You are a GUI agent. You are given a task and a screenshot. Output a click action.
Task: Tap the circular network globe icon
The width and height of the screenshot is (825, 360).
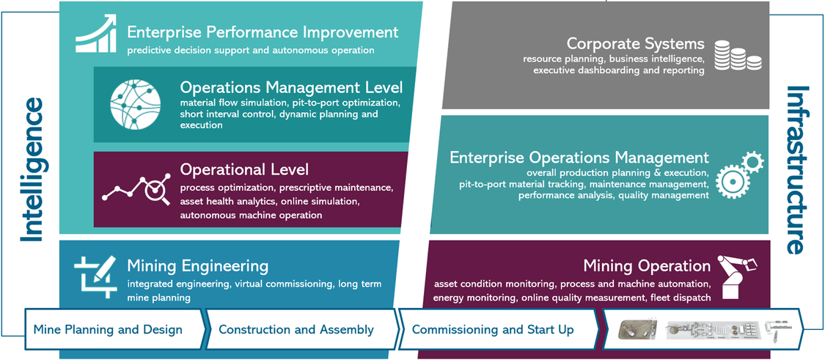[x=135, y=104]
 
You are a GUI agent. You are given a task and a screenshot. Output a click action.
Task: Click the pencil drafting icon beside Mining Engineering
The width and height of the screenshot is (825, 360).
[x=95, y=277]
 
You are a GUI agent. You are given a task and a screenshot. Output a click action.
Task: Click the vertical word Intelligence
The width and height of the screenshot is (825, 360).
[x=32, y=170]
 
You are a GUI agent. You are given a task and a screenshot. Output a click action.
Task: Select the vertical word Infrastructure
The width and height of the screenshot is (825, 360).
[x=798, y=169]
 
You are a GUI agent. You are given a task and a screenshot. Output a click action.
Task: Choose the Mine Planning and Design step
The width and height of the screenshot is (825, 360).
[x=108, y=330]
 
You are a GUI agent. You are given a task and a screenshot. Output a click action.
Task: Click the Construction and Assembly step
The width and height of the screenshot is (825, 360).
[x=296, y=330]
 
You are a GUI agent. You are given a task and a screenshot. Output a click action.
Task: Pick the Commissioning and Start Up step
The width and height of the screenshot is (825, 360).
[x=493, y=330]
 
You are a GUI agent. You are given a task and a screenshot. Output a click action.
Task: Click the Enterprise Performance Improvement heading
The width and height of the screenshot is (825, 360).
[x=263, y=32]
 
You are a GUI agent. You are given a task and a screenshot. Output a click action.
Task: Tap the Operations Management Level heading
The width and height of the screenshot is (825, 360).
[x=291, y=87]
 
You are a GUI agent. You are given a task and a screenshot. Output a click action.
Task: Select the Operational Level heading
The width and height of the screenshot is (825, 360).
[x=244, y=169]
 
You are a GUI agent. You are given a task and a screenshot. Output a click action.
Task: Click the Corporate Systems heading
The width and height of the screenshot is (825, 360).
[x=635, y=43]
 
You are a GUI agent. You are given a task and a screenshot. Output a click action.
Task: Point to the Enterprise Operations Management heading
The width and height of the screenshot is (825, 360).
[x=579, y=158]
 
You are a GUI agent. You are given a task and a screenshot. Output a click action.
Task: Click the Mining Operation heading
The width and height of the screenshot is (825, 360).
[x=647, y=266]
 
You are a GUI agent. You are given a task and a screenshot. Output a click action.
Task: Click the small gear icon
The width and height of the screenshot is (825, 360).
[x=752, y=162]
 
